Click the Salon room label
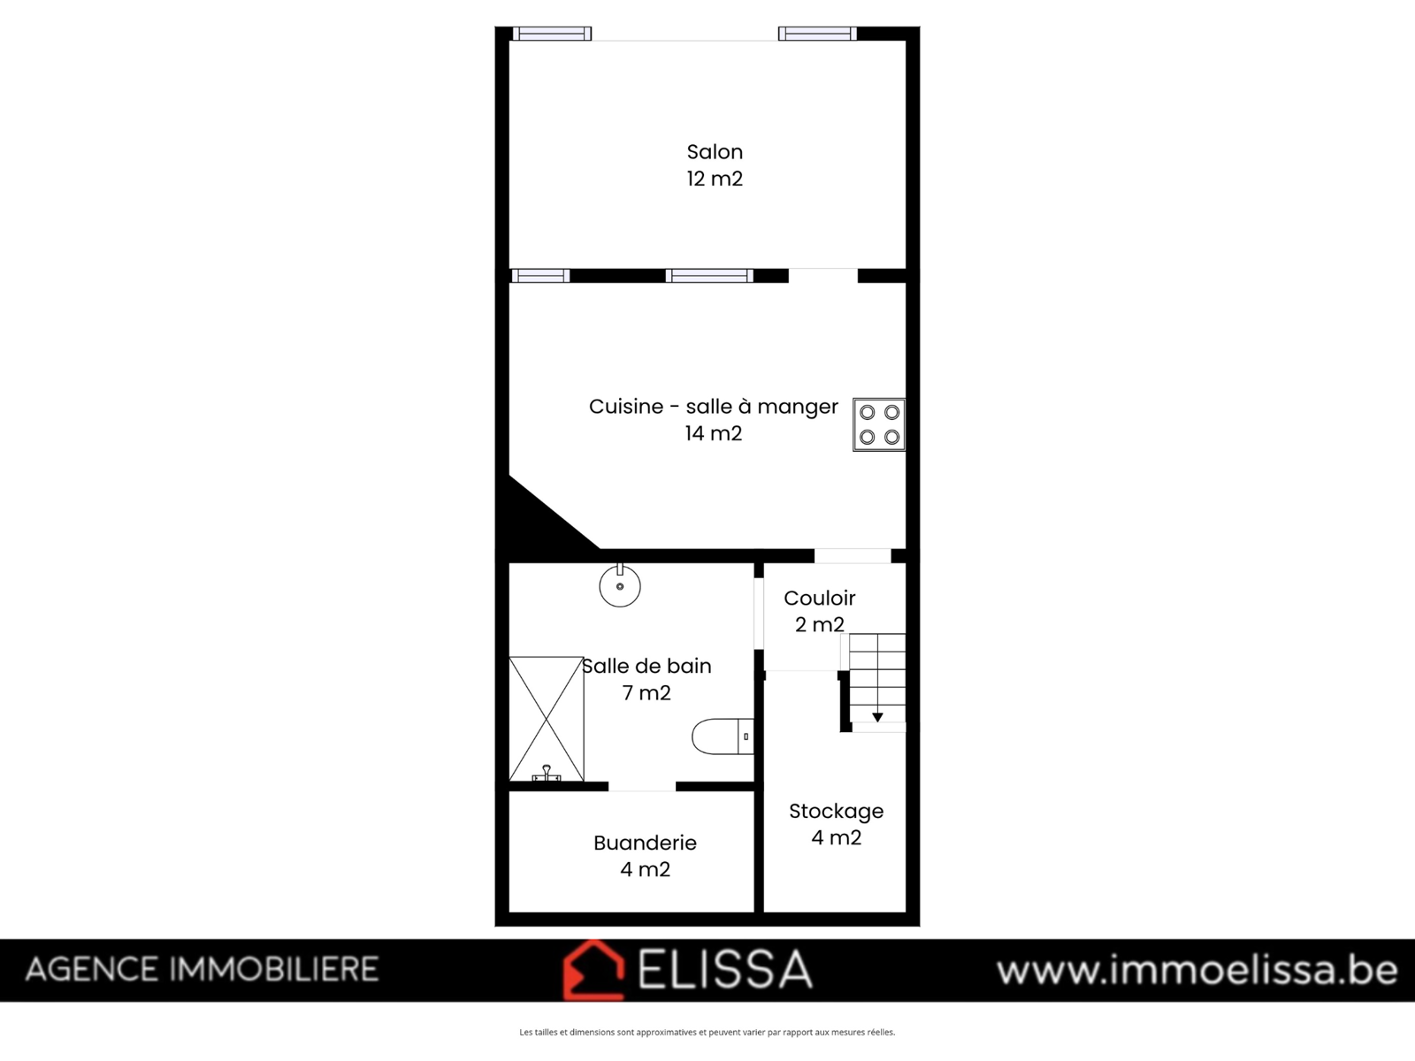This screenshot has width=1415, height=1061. (715, 152)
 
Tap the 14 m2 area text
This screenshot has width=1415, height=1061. (714, 433)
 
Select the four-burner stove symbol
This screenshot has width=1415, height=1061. (879, 424)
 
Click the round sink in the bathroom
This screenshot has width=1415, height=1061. (620, 585)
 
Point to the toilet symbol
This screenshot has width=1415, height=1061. (723, 737)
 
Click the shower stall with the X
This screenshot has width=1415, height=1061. (546, 719)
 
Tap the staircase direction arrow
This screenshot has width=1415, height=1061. (877, 717)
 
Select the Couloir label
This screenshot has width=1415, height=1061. (819, 599)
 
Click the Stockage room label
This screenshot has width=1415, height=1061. (836, 812)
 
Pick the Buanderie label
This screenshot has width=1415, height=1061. (645, 843)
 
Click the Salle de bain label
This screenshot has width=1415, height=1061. (646, 666)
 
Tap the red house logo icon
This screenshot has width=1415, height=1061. (593, 970)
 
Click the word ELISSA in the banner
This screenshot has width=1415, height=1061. (724, 970)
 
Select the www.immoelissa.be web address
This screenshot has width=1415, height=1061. (1197, 970)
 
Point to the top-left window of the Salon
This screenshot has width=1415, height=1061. (552, 34)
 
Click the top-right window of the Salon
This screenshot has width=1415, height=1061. (817, 34)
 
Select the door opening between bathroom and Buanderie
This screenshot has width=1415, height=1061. (642, 787)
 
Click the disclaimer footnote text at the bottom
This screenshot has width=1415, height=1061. (707, 1032)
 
